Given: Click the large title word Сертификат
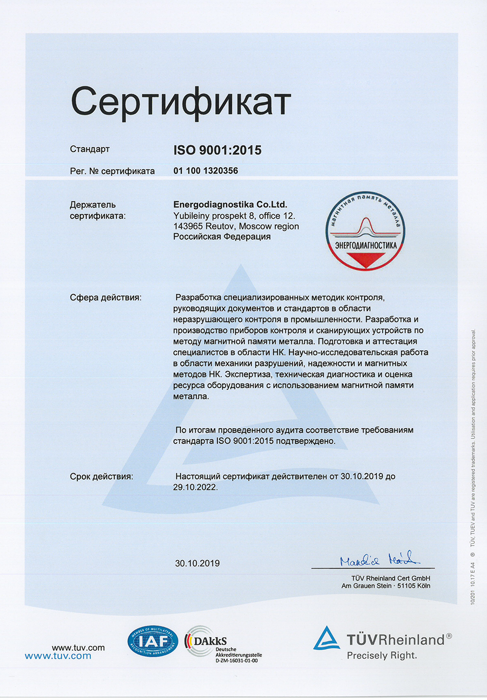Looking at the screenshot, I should click(x=181, y=101).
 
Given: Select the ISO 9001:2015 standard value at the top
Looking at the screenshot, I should click(x=217, y=150).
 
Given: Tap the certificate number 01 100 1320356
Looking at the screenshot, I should click(x=206, y=170).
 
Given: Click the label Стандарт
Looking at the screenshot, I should click(x=90, y=149).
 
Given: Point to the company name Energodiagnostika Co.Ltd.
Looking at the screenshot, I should click(x=230, y=205).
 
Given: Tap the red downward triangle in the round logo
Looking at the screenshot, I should click(x=365, y=259).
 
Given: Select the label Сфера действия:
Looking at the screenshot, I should click(x=105, y=298).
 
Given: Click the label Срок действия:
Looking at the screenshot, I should click(x=101, y=476).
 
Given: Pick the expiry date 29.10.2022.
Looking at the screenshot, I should click(x=195, y=487).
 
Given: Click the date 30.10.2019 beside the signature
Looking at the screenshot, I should click(x=197, y=564).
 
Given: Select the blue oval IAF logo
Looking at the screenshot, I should click(x=153, y=642).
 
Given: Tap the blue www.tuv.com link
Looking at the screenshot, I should click(x=58, y=656).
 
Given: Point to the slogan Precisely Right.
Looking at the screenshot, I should click(x=382, y=656).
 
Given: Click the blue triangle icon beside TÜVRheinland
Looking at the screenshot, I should click(x=326, y=639).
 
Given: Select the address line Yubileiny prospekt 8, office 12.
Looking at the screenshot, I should click(x=234, y=216).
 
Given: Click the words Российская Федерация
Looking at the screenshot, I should click(x=222, y=237).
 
